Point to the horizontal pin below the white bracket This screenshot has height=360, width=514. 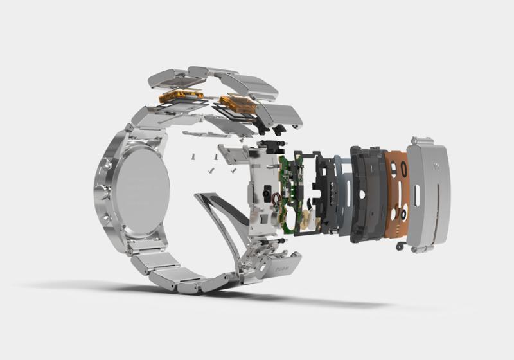[263, 239]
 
